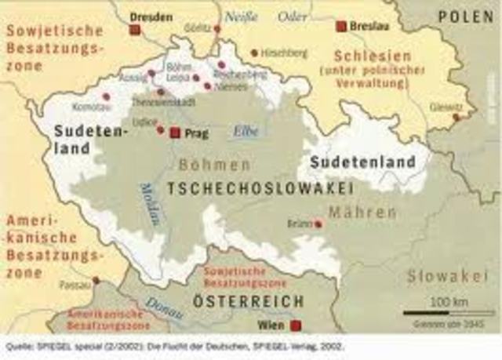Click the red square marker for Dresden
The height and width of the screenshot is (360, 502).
coord(134,29)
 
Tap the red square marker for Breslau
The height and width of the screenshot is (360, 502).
coord(341,26)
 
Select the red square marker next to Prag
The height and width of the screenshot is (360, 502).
coord(175,133)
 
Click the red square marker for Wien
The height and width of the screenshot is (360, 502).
coord(296,325)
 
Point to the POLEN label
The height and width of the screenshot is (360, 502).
coord(466,16)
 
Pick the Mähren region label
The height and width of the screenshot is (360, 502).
coord(362,213)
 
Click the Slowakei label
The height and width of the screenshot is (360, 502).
coord(438,276)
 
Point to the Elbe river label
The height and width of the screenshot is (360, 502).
coord(246,132)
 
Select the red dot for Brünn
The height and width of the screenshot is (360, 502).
coord(318,224)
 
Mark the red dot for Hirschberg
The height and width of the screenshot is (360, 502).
coord(254,53)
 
